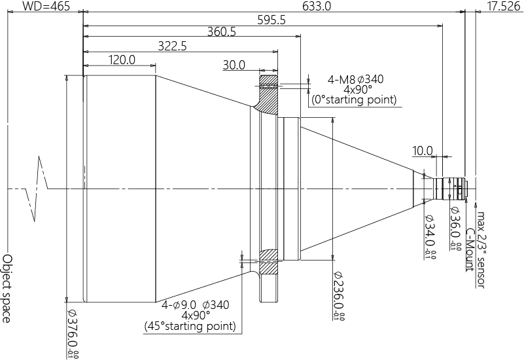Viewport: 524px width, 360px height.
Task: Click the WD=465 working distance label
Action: pos(46,6)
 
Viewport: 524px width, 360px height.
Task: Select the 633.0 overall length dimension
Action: pos(317,6)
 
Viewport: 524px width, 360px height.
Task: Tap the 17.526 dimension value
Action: pos(504,6)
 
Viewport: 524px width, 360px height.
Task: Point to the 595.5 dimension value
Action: pos(271,20)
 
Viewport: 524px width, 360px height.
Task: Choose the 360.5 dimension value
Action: pos(222,32)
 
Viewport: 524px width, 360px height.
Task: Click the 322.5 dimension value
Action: pos(173,46)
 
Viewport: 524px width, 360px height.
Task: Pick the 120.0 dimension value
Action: pos(122,60)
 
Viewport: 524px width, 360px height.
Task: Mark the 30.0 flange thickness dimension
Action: pos(234,65)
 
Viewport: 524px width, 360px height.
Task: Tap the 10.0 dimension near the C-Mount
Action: pos(423,151)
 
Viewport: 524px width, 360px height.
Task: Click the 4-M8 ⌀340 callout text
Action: pos(356,80)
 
